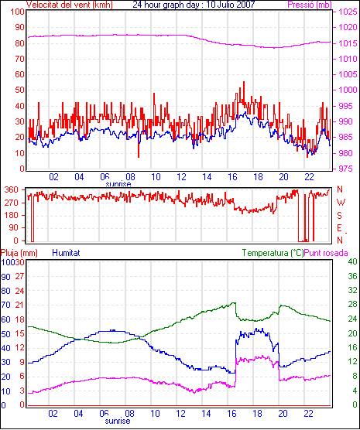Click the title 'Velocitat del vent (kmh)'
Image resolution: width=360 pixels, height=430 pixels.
pyautogui.click(x=70, y=5)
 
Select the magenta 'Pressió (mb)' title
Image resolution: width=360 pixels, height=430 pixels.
pyautogui.click(x=310, y=5)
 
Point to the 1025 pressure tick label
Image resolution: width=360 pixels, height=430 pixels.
pyautogui.click(x=348, y=12)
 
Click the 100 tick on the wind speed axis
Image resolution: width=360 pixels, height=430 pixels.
pyautogui.click(x=18, y=12)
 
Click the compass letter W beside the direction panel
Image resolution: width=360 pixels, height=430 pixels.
pyautogui.click(x=341, y=203)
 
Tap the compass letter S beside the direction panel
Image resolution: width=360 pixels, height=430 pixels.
pyautogui.click(x=339, y=216)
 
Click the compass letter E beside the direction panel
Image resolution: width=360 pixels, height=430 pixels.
pyautogui.click(x=339, y=228)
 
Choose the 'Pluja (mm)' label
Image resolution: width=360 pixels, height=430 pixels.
pyautogui.click(x=19, y=253)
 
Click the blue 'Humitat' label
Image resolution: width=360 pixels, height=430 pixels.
pyautogui.click(x=66, y=253)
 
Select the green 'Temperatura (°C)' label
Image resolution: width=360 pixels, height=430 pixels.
pyautogui.click(x=273, y=253)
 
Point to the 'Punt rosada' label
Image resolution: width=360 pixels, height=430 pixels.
pyautogui.click(x=326, y=253)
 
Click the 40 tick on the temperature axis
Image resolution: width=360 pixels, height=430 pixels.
pyautogui.click(x=352, y=261)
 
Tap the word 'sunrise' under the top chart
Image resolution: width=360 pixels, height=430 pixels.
pyautogui.click(x=118, y=184)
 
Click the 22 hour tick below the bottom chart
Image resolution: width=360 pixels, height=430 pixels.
pyautogui.click(x=309, y=413)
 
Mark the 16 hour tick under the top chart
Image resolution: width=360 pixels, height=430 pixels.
pyautogui.click(x=232, y=177)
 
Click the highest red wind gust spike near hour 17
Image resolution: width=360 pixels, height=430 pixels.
pyautogui.click(x=244, y=82)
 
